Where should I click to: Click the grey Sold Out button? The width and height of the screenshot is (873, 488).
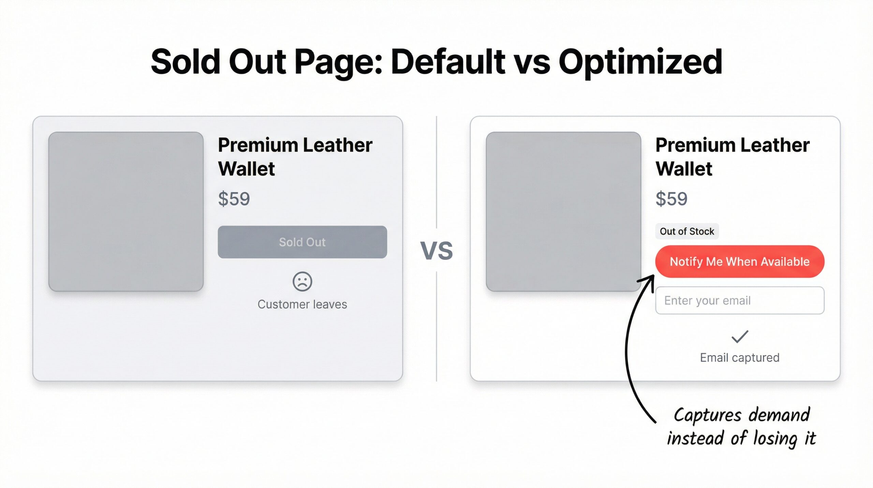click(x=302, y=242)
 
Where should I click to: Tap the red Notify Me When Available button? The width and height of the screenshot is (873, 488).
click(x=739, y=262)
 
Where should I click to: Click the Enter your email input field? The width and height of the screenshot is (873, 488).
click(x=739, y=301)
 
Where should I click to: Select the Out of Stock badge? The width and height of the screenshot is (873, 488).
click(x=686, y=231)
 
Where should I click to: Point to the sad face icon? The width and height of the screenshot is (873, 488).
click(x=302, y=281)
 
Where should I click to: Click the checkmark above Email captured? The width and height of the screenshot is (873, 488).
click(x=740, y=336)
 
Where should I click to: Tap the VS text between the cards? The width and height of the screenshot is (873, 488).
click(x=436, y=251)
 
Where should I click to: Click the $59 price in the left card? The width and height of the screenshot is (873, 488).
click(x=234, y=199)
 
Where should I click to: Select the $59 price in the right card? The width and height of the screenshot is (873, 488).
click(x=671, y=199)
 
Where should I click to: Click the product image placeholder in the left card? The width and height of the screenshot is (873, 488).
click(x=126, y=212)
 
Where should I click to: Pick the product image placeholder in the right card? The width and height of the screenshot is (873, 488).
click(x=563, y=212)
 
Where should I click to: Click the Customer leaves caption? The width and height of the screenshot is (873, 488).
click(x=302, y=304)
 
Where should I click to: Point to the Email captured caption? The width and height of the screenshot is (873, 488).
click(x=740, y=358)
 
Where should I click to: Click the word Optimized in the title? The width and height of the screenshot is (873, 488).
click(x=640, y=62)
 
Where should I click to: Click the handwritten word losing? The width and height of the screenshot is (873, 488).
click(x=775, y=438)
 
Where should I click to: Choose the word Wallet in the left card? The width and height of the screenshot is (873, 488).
click(x=246, y=169)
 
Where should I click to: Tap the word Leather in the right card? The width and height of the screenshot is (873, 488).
click(x=775, y=145)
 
